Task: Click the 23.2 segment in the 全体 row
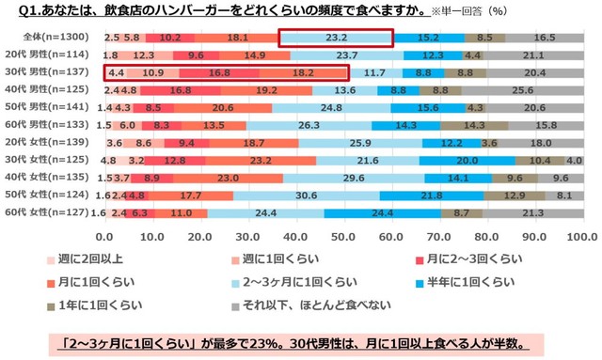coord(336,38)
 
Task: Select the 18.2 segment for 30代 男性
coord(303,72)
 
